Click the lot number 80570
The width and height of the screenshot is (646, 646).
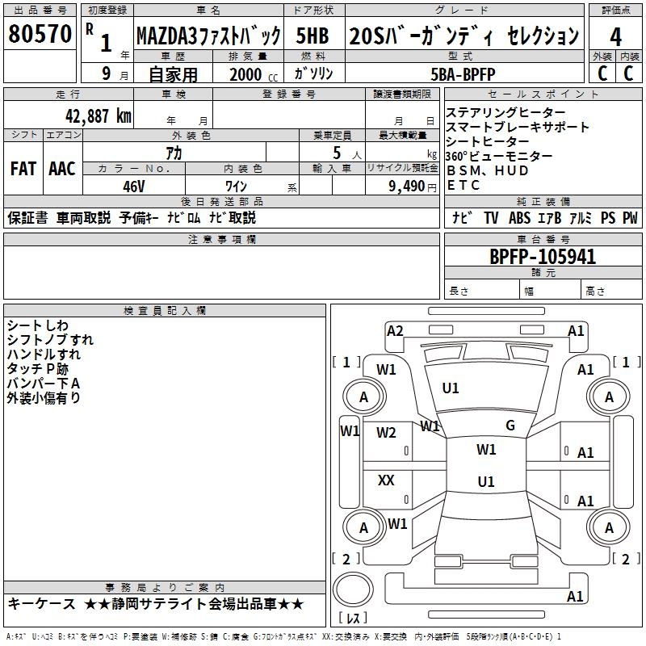[x=40, y=34]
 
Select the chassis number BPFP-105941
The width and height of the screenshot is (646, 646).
[x=543, y=257]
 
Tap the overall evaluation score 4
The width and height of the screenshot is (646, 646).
[x=615, y=36]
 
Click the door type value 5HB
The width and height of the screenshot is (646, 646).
[x=313, y=36]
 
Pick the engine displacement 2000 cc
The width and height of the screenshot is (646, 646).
[x=245, y=74]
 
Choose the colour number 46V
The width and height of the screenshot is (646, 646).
[x=134, y=186]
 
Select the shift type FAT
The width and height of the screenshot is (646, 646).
[x=23, y=169]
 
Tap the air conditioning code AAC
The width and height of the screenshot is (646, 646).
[x=61, y=169]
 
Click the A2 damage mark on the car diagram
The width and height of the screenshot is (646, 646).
[x=395, y=330]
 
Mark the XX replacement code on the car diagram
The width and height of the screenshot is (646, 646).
[x=387, y=480]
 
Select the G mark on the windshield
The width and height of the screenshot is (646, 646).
[x=510, y=426]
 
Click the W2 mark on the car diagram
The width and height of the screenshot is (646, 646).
[x=387, y=433]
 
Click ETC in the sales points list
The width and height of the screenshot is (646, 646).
[x=464, y=186]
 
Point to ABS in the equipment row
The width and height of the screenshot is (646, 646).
[x=519, y=218]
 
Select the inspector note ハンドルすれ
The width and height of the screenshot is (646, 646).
[x=44, y=354]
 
